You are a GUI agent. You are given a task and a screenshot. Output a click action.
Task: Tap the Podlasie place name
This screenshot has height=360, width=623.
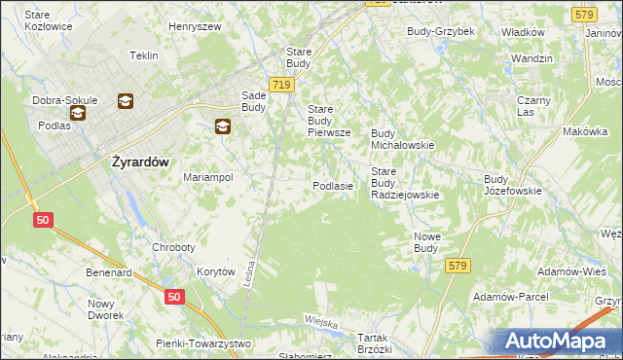332,185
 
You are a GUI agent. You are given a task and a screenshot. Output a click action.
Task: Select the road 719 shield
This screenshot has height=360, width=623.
281,86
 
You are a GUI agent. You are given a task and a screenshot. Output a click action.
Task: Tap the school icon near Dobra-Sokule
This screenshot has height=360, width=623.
126,100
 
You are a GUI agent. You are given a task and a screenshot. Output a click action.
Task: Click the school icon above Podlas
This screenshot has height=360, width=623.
78,112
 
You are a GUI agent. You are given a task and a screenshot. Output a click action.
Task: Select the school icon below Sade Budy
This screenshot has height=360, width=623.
223,126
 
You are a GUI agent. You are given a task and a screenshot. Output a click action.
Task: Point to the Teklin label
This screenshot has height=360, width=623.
143,55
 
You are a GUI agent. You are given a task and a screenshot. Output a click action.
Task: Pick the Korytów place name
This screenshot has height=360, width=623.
216,272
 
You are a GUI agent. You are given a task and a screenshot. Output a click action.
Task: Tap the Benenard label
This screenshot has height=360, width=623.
108,273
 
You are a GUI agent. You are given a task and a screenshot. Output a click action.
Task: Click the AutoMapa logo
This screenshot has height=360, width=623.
564,340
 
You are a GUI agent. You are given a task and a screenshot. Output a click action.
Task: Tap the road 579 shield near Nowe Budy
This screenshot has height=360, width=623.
458,265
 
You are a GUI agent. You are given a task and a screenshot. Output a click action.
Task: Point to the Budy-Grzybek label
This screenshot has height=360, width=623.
441,31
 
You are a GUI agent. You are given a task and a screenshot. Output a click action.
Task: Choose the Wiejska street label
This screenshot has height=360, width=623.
320,322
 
